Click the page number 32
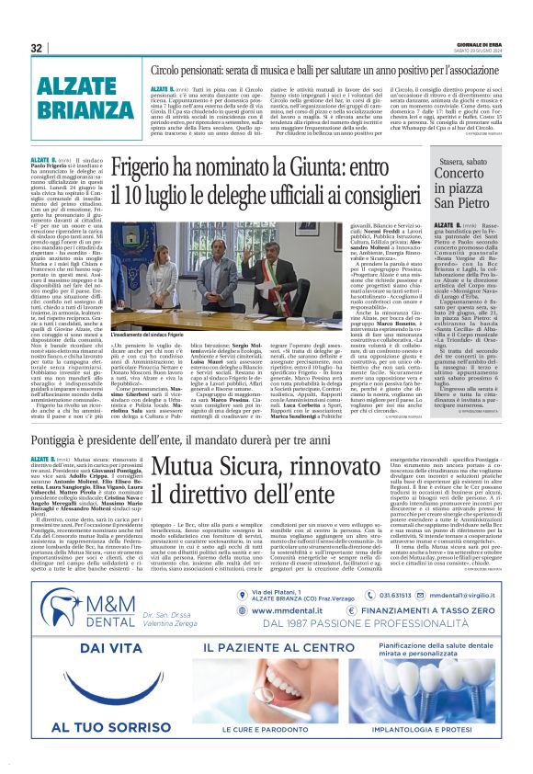[36, 47]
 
